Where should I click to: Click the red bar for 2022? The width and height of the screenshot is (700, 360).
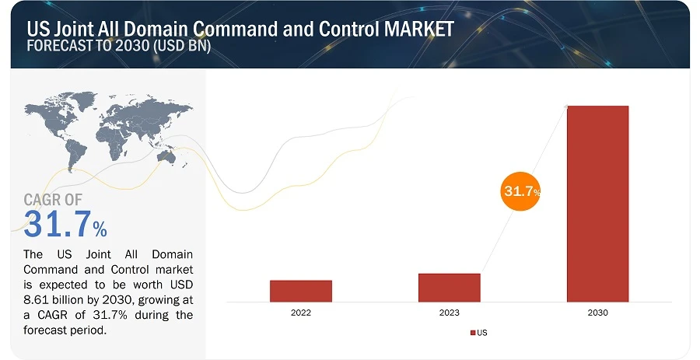pyautogui.click(x=301, y=291)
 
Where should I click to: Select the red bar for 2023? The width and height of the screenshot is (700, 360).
pyautogui.click(x=449, y=287)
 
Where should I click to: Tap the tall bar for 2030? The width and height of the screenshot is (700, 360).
pyautogui.click(x=597, y=203)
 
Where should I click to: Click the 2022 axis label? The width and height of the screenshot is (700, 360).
pyautogui.click(x=301, y=313)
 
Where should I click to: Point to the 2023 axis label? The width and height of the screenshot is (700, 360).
pyautogui.click(x=449, y=313)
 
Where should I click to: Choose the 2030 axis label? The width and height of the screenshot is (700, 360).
pyautogui.click(x=597, y=313)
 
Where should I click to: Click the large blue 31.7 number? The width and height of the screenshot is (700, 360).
pyautogui.click(x=57, y=224)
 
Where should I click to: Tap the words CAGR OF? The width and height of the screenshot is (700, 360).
pyautogui.click(x=53, y=200)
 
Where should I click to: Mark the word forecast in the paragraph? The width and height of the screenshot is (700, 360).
pyautogui.click(x=47, y=329)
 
